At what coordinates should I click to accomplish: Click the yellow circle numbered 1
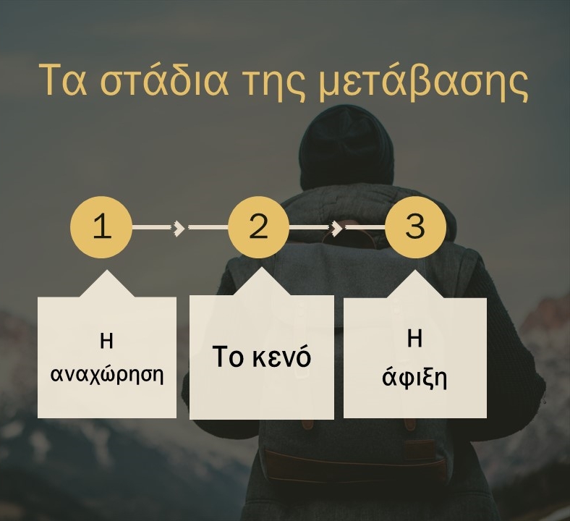[101, 227]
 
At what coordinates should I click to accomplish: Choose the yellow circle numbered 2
[259, 227]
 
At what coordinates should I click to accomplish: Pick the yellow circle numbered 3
[415, 227]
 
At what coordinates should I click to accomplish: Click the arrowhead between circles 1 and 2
[179, 228]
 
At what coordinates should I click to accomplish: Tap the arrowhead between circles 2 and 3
[336, 228]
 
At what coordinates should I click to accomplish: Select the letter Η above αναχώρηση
[106, 342]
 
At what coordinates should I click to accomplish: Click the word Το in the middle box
[227, 357]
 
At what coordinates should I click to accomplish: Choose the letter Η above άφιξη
[414, 339]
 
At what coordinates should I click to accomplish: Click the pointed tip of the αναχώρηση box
[106, 270]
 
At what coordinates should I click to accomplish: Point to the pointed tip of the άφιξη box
[415, 271]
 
